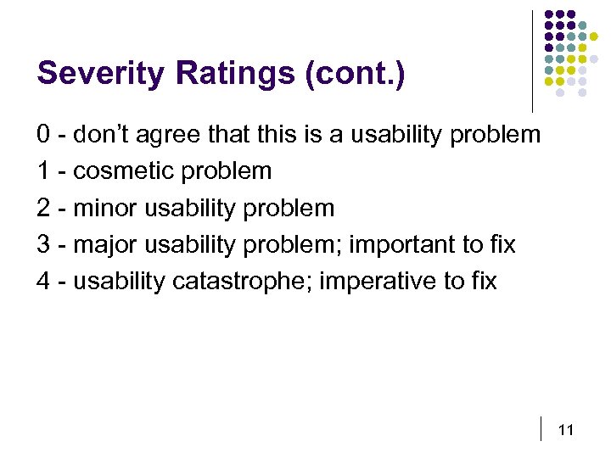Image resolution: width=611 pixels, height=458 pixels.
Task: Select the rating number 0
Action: pyautogui.click(x=43, y=134)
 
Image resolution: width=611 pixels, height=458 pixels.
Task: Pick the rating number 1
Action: pyautogui.click(x=43, y=171)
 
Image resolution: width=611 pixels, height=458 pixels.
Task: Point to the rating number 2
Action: pyautogui.click(x=43, y=208)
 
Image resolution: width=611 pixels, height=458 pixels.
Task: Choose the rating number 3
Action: pyautogui.click(x=43, y=245)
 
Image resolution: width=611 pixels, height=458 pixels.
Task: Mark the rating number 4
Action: pyautogui.click(x=43, y=282)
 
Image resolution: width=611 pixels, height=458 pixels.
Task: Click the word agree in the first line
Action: pyautogui.click(x=165, y=134)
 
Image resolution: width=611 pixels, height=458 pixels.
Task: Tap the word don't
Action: pyautogui.click(x=103, y=134)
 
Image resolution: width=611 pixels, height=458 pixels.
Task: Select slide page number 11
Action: pyautogui.click(x=567, y=431)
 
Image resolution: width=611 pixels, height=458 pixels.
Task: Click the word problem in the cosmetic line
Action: pyautogui.click(x=226, y=171)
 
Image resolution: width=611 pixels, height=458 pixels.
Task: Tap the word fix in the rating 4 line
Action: pyautogui.click(x=484, y=282)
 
